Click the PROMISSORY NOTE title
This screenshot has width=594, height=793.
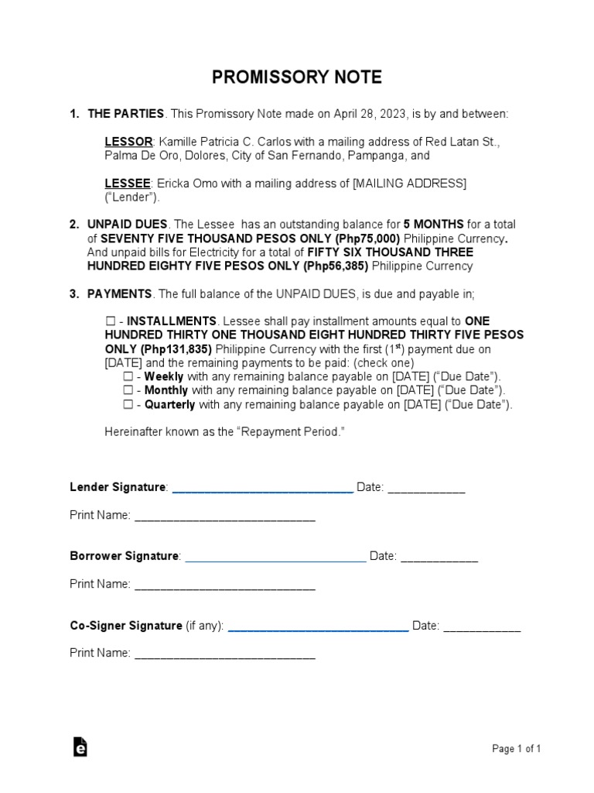click(x=297, y=77)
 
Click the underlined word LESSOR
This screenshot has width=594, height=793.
click(x=128, y=142)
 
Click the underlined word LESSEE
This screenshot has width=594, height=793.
click(x=128, y=184)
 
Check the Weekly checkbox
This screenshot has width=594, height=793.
click(x=128, y=377)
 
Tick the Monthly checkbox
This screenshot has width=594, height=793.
click(x=128, y=391)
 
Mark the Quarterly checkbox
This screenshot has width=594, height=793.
click(x=128, y=405)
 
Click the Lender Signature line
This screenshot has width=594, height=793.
click(x=262, y=489)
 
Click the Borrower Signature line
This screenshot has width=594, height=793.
click(x=275, y=558)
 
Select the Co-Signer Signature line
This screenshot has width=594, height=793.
click(x=318, y=627)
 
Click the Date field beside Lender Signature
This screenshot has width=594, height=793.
click(x=426, y=489)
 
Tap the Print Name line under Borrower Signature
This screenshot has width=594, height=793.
click(x=225, y=585)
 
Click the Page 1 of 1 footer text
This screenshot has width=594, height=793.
click(x=516, y=749)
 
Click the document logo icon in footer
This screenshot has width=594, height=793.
click(x=80, y=747)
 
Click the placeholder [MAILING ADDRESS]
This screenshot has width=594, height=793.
click(x=409, y=184)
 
